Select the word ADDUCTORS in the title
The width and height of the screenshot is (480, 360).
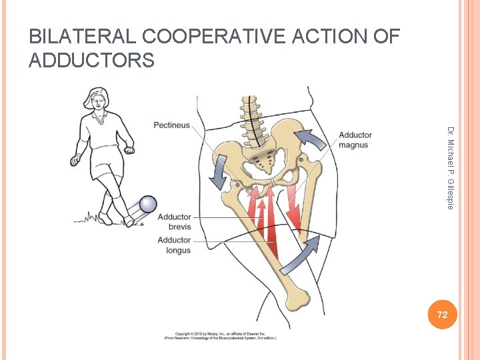[91, 61]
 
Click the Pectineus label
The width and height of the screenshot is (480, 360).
[171, 125]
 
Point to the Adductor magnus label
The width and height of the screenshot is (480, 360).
[355, 140]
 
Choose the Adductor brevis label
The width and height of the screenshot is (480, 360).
[174, 222]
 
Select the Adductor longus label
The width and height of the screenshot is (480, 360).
[174, 245]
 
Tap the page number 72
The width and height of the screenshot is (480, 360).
[442, 314]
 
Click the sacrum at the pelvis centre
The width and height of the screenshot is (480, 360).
[262, 158]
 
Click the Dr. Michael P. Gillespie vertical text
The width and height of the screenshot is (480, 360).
[451, 167]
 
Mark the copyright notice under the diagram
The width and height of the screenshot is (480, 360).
[220, 335]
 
